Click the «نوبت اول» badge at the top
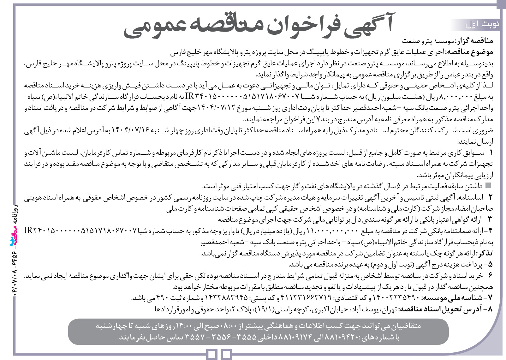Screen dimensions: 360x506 point(483,24)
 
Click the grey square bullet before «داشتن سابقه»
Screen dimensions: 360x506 point(489,185)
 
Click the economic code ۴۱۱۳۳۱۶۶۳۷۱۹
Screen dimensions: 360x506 point(306,297)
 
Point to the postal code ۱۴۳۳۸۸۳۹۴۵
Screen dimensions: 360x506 point(226,297)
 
